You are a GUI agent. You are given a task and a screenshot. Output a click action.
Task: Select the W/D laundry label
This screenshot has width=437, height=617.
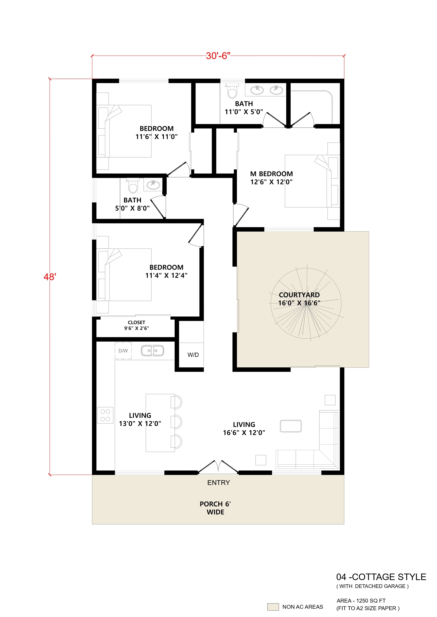point(193,355)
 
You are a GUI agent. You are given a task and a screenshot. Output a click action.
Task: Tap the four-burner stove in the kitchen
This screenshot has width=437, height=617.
point(105,415)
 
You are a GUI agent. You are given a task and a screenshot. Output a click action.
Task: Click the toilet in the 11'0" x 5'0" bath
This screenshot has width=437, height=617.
point(232,91)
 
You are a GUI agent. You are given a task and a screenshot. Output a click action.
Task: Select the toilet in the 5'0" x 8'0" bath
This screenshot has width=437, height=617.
point(133,186)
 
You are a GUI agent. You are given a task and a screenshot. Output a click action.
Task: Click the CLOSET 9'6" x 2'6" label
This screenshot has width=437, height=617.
point(137,325)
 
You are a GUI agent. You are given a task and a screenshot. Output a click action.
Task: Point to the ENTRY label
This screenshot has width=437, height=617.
point(218,483)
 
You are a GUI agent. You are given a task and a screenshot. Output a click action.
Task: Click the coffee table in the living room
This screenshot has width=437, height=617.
point(291,426)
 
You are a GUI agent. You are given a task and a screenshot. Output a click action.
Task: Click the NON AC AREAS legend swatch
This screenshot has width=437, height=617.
point(273,607)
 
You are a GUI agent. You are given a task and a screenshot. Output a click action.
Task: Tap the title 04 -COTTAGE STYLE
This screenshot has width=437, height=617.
point(381,577)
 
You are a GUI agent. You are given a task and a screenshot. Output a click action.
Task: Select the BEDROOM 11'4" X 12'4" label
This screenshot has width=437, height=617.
point(166,271)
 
